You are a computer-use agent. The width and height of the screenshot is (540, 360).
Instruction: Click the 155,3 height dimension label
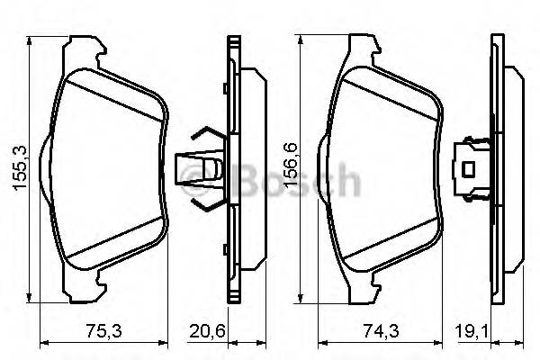(16, 169)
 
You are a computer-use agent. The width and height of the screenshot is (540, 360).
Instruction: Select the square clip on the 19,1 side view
(468, 167)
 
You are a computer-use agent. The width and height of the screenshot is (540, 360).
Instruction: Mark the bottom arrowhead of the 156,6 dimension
(300, 300)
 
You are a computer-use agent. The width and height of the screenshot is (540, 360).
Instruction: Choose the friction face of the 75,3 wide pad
(108, 171)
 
